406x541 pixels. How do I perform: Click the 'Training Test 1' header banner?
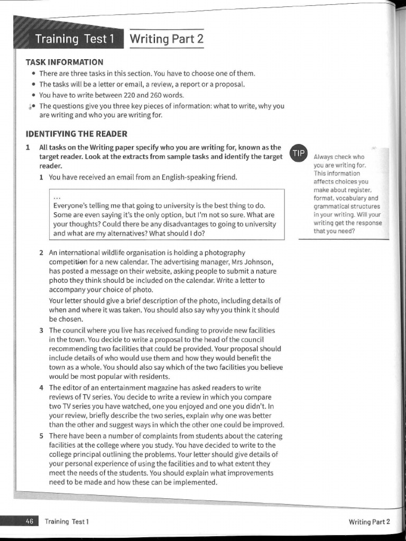(x=74, y=39)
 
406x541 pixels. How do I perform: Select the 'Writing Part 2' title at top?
(x=166, y=39)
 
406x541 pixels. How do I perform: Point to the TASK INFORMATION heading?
(x=64, y=62)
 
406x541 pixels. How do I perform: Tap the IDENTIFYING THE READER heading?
(x=76, y=134)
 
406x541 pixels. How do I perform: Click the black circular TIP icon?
(x=299, y=153)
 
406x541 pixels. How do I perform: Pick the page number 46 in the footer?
(x=30, y=521)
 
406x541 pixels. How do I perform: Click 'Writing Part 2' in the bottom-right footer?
(x=369, y=522)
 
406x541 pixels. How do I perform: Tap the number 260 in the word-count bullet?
(x=151, y=95)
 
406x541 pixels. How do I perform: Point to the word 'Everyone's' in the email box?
(x=71, y=206)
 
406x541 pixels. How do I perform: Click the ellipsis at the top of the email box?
(x=56, y=197)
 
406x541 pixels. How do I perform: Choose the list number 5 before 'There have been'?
(x=41, y=436)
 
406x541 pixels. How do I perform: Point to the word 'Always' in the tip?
(x=324, y=157)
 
